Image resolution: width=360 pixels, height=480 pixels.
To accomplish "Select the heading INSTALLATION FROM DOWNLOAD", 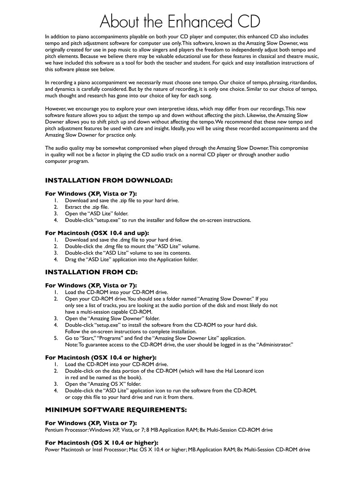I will pyautogui.click(x=108, y=180).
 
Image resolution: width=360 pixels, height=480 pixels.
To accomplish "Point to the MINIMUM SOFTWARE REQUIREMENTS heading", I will pyautogui.click(x=116, y=410).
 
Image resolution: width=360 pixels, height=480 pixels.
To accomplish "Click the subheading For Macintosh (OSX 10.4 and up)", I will pyautogui.click(x=97, y=233).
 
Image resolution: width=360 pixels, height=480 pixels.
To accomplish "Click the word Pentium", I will pyautogui.click(x=55, y=430).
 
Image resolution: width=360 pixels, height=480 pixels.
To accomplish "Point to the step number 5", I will pyautogui.click(x=55, y=338).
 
